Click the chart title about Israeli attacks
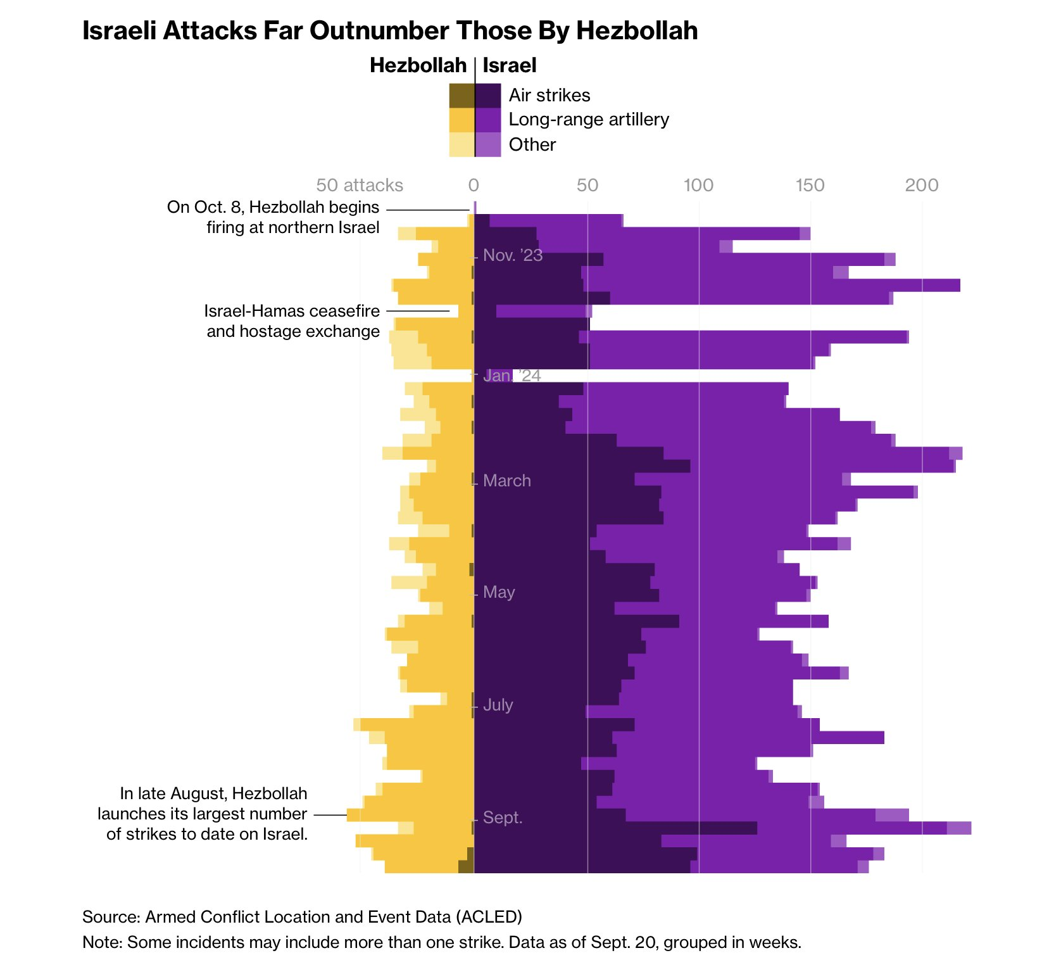coord(390,31)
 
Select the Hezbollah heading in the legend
coord(418,65)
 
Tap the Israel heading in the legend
coord(510,65)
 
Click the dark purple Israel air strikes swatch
coord(488,96)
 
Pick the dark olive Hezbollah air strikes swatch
coord(461,96)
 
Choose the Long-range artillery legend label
coord(589,120)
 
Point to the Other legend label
coord(532,144)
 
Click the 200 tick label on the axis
coord(922,185)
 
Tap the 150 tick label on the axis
coord(810,185)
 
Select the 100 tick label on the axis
coord(699,185)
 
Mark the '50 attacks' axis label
coord(360,185)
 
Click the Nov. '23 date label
coord(513,255)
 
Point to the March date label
coord(507,481)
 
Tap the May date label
coord(499,592)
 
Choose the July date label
coord(498,705)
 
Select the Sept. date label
coord(503,818)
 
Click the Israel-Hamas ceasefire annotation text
coord(292,321)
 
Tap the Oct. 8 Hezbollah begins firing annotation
coord(273,217)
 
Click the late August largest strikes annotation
coord(203,814)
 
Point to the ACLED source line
coord(302,916)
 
